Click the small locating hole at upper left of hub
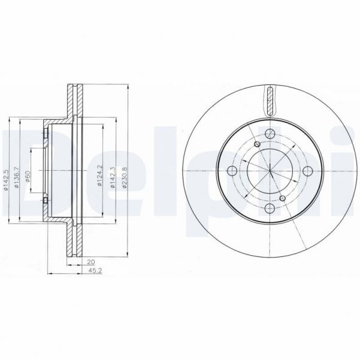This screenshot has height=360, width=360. click(257, 144)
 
